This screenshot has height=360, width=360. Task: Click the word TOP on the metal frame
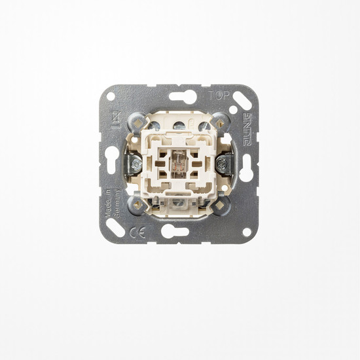point(217,94)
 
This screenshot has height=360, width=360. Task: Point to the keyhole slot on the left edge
point(113,158)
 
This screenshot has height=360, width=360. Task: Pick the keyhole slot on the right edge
point(246,167)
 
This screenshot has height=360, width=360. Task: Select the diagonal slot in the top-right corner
point(242,100)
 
